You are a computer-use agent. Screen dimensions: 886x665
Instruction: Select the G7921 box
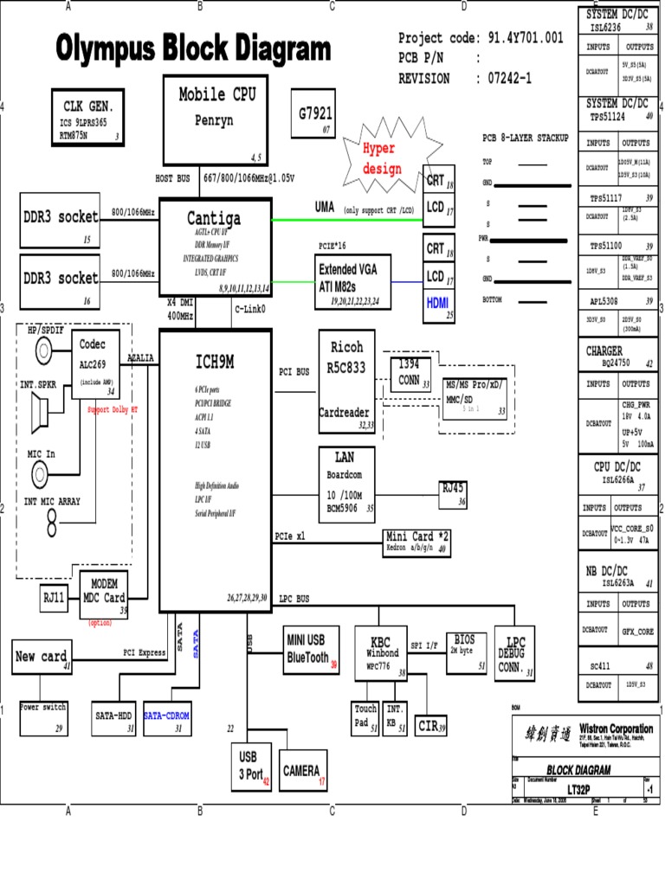(315, 113)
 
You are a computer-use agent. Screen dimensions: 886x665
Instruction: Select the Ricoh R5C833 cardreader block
(346, 380)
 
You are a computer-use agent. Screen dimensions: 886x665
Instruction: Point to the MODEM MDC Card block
(104, 594)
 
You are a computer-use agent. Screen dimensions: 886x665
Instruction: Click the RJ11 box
(55, 596)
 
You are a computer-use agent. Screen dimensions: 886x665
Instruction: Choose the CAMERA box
(303, 773)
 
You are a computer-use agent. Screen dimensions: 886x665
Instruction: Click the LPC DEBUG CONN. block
(516, 652)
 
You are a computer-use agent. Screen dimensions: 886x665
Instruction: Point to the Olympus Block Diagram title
(194, 48)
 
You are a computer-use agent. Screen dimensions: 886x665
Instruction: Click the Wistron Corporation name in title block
(616, 729)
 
